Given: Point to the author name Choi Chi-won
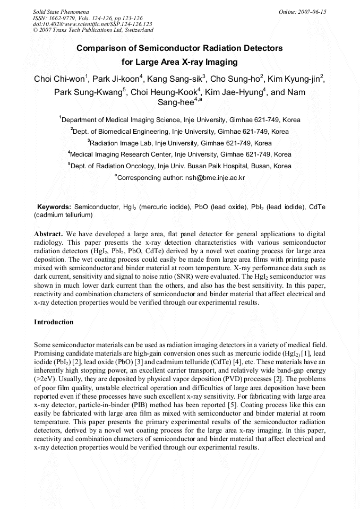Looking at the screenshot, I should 59,80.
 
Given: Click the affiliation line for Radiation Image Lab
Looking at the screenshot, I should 179,143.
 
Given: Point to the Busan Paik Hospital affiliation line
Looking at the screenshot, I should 179,166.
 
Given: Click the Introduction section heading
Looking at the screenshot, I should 54,322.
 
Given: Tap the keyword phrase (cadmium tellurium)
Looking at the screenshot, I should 63,215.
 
